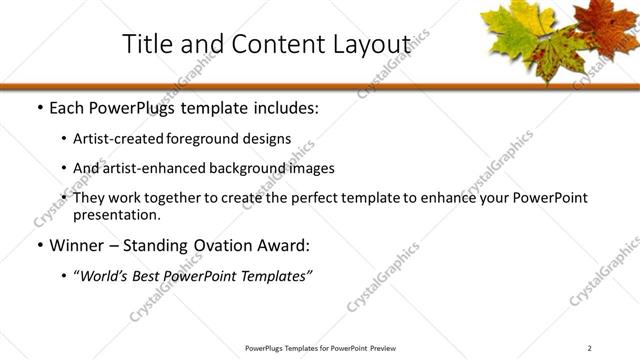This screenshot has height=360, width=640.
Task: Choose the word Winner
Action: point(77,244)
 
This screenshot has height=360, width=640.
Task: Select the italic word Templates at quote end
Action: point(276,275)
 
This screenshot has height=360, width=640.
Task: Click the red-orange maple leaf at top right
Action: point(606,30)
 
